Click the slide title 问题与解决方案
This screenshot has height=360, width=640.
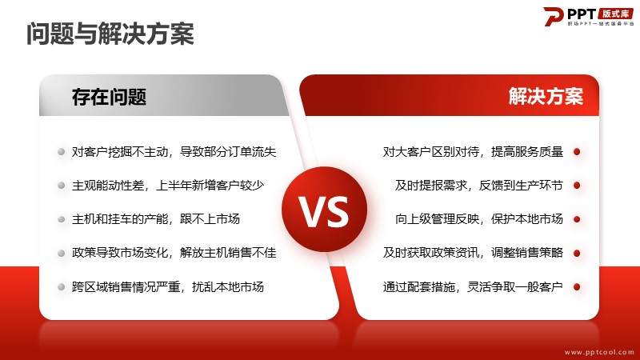tap(110, 34)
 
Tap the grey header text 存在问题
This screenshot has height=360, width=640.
tap(109, 97)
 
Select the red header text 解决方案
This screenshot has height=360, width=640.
tap(546, 96)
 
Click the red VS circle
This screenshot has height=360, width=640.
tap(325, 210)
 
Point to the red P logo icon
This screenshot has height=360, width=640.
tap(554, 17)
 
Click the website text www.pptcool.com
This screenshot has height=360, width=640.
tap(599, 352)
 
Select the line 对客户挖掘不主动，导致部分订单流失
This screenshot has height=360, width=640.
tap(174, 152)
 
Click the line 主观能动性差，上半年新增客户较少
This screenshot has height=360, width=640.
tap(168, 186)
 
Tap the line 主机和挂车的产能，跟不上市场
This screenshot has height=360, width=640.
tap(156, 219)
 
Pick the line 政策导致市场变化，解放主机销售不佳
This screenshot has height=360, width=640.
tap(174, 253)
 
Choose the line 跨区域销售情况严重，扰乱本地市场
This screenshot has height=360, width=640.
tap(168, 287)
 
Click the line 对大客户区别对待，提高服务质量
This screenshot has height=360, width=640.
tap(473, 152)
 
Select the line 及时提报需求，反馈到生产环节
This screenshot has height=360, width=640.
tap(478, 186)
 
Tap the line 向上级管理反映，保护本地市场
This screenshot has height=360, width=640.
tap(478, 219)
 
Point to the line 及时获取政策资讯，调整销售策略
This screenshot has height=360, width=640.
tap(473, 253)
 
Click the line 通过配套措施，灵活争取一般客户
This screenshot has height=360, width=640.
tap(473, 287)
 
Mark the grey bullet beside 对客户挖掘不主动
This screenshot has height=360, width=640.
tap(62, 152)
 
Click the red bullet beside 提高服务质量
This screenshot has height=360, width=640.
tap(577, 152)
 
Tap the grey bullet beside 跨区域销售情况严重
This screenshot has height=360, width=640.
tap(62, 287)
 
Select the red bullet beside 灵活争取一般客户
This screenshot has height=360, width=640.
tap(577, 287)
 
